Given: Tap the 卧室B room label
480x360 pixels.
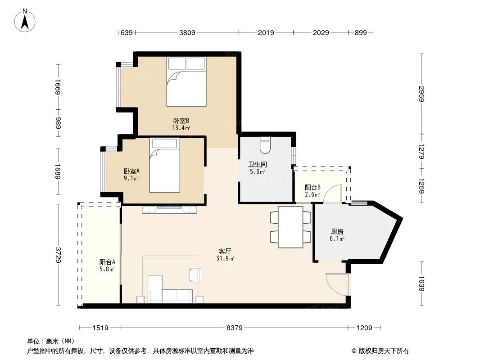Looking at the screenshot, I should [x=181, y=124].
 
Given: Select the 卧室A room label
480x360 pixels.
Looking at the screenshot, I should [x=131, y=174].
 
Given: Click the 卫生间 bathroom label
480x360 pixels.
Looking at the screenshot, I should [x=257, y=167].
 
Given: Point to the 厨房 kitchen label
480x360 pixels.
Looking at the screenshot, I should [x=337, y=235].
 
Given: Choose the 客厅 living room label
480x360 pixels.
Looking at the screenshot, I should [x=225, y=255].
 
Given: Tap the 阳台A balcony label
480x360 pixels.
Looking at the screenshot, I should [x=107, y=265].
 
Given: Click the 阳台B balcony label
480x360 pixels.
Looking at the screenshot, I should [x=312, y=190].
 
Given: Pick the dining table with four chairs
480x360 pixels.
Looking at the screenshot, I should [x=290, y=227].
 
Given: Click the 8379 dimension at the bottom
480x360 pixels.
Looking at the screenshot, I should [x=234, y=328].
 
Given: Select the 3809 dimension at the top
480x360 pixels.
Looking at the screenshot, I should [x=187, y=32].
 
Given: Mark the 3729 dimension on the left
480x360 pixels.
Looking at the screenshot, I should [x=58, y=255].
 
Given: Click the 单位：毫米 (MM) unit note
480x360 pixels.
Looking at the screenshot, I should [x=51, y=342].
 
